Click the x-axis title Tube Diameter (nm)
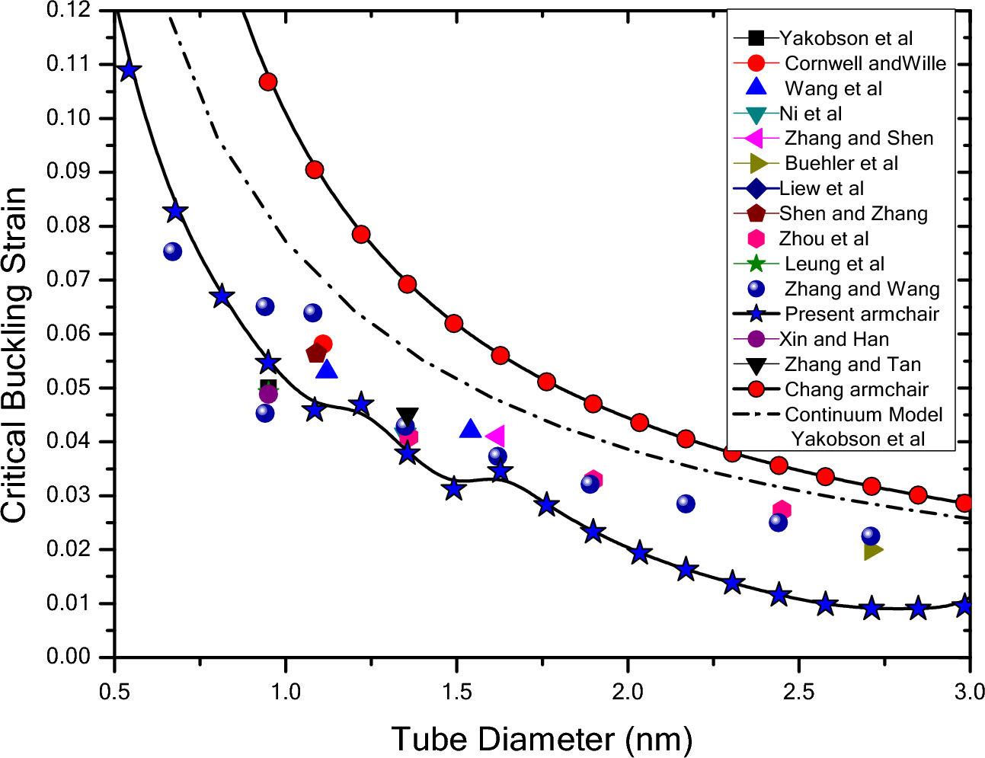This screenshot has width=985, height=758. (542, 738)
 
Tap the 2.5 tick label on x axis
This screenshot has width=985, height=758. (798, 691)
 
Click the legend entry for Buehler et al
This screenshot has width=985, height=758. (841, 163)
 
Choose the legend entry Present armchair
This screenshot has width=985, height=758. (862, 314)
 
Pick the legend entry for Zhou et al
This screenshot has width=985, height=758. (823, 238)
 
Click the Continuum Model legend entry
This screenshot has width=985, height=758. (864, 414)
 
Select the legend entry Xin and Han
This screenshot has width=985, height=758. (833, 339)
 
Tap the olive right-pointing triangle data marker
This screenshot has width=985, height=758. (873, 550)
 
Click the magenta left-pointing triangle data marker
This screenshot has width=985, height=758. (496, 437)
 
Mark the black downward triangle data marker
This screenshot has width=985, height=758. (408, 417)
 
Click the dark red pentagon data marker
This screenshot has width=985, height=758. (316, 353)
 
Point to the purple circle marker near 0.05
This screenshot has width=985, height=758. (268, 394)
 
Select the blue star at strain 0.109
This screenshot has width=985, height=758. (130, 70)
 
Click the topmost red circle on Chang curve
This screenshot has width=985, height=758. (267, 82)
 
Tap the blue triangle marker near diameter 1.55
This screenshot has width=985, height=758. (471, 429)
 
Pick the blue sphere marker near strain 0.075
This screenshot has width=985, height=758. (173, 251)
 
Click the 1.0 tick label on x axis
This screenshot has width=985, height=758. (285, 691)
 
